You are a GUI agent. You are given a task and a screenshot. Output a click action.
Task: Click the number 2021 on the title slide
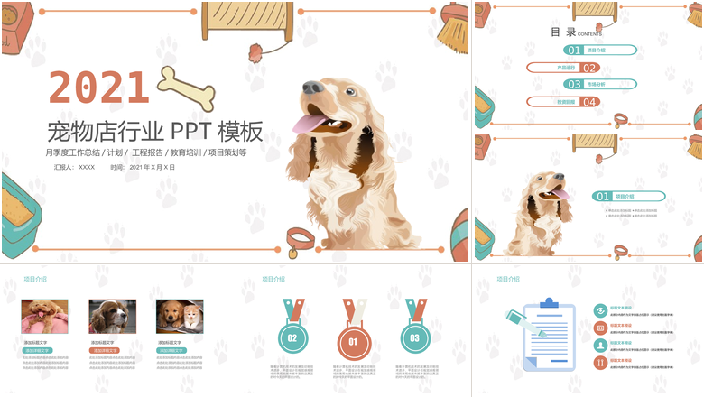pyautogui.click(x=99, y=88)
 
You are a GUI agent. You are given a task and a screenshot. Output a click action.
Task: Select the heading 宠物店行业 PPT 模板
pyautogui.click(x=154, y=132)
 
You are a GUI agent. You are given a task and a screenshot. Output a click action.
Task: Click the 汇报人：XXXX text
pyautogui.click(x=74, y=167)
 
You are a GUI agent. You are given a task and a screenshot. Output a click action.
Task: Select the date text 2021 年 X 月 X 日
pyautogui.click(x=144, y=167)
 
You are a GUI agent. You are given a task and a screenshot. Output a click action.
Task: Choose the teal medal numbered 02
pyautogui.click(x=292, y=337)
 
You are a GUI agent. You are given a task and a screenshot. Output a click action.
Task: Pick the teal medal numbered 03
pyautogui.click(x=414, y=337)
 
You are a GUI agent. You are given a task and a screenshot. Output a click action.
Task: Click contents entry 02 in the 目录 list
pyautogui.click(x=564, y=68)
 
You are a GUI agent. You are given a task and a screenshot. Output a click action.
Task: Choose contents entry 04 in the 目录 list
pyautogui.click(x=564, y=102)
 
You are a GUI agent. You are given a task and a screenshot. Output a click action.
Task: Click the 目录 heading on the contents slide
pyautogui.click(x=562, y=32)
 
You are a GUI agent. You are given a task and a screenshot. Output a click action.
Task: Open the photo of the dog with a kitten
pyautogui.click(x=180, y=317)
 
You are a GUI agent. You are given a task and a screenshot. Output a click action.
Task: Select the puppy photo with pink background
pyautogui.click(x=44, y=317)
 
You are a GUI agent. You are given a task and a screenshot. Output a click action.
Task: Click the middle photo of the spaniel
pyautogui.click(x=112, y=317)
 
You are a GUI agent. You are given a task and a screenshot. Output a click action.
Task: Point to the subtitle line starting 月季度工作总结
pyautogui.click(x=145, y=152)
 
